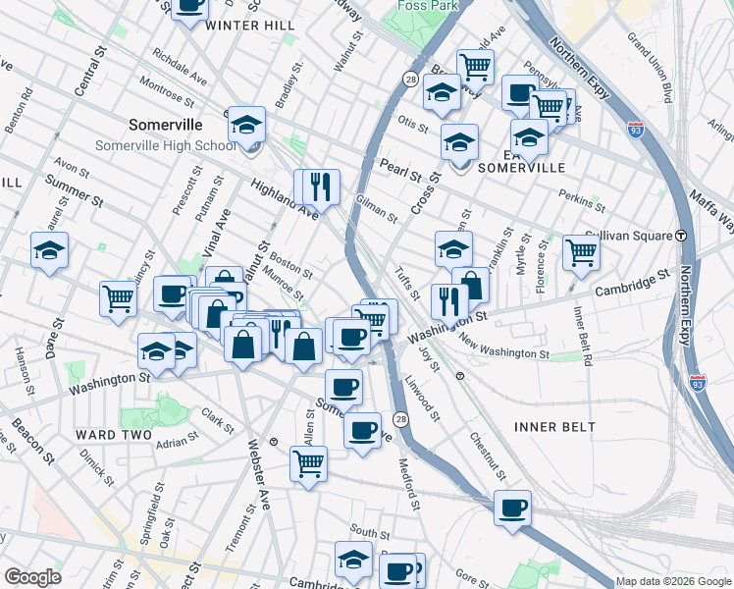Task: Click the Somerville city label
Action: point(166,126)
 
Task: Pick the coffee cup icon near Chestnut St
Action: point(512,509)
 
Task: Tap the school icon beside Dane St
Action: point(49,250)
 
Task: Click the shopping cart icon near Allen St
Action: point(308,462)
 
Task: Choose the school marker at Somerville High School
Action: point(247,125)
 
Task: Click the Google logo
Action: point(32,577)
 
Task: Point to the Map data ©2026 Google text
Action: point(672,581)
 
